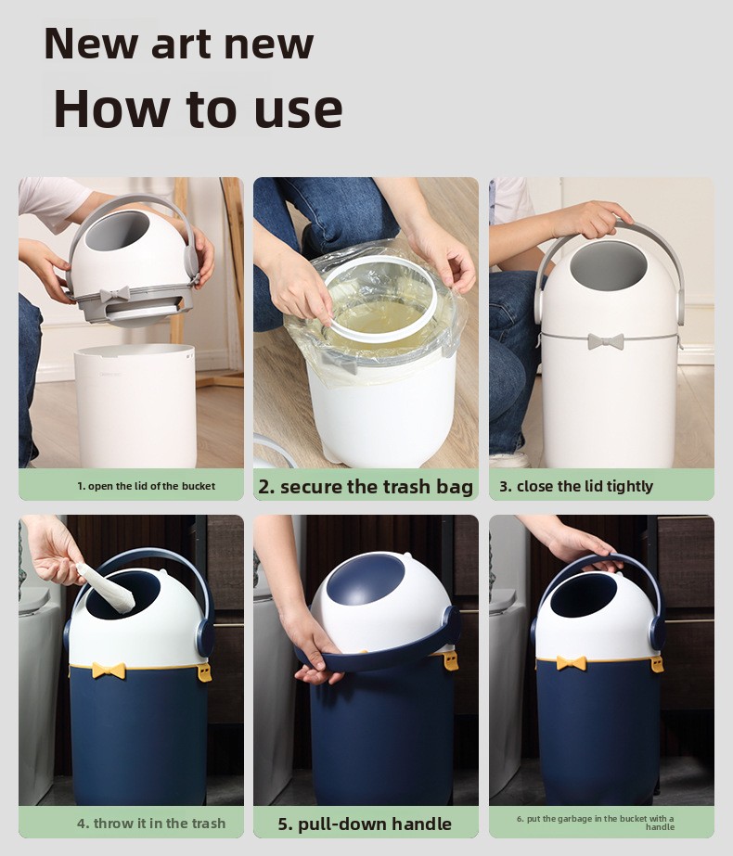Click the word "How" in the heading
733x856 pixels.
[111, 108]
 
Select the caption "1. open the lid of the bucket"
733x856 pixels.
[146, 486]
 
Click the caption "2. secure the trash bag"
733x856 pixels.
[366, 486]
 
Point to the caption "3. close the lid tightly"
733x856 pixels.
[576, 486]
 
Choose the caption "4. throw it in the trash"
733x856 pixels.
[151, 824]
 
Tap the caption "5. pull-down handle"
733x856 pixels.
[365, 824]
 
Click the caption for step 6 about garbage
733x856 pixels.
[596, 823]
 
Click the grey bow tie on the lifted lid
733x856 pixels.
[115, 294]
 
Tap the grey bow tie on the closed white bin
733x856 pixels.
[606, 341]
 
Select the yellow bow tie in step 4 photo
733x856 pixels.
[109, 670]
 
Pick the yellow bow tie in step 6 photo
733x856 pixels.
[572, 663]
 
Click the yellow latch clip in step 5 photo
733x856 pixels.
[451, 660]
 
